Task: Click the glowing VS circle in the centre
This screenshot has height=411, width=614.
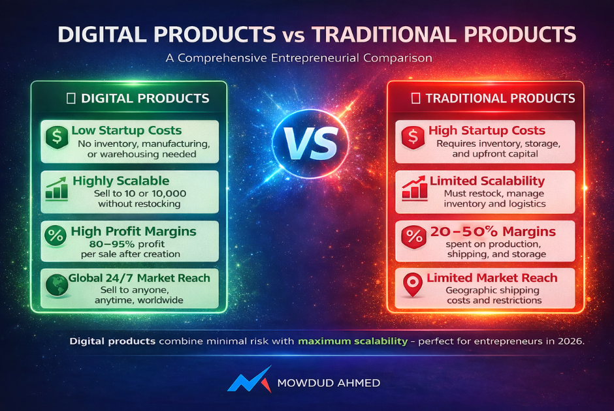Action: tap(310, 143)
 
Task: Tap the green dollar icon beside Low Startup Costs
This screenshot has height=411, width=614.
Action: tap(57, 137)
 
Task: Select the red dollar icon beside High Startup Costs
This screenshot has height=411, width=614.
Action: tap(413, 137)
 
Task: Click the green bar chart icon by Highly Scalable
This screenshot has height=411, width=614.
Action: tap(56, 189)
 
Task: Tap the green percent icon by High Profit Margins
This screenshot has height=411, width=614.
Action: tap(56, 236)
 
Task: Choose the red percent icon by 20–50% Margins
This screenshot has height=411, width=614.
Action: tap(413, 237)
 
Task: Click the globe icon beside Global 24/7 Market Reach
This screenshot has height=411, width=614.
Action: tap(57, 285)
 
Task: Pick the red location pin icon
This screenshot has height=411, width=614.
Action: tap(413, 284)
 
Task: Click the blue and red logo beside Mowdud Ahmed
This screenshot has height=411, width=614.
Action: tap(250, 379)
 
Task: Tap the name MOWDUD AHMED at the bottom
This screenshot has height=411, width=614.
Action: tap(329, 383)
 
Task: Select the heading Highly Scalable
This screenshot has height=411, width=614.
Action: tap(121, 181)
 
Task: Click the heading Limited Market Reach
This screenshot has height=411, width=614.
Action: tap(492, 278)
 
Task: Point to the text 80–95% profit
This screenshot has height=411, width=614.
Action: tap(127, 244)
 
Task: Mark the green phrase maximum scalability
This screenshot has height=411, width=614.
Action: tap(353, 341)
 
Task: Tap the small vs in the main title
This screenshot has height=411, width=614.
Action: tap(293, 37)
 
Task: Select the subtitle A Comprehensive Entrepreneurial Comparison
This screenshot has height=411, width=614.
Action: tap(299, 58)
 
